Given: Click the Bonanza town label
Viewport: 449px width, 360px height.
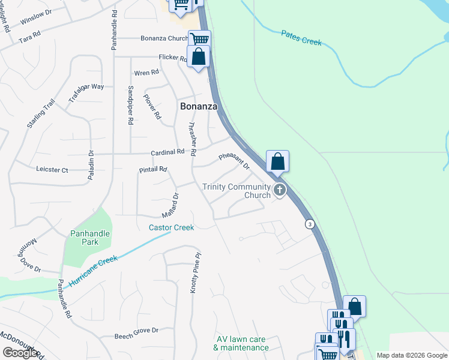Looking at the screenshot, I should click(198, 106).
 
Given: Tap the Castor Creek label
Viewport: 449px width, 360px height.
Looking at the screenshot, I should click(172, 227).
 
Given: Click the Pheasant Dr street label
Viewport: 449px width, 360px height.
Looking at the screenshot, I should click(234, 160).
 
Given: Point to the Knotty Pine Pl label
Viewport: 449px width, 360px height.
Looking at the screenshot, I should click(194, 273).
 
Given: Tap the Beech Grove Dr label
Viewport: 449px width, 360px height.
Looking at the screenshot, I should click(136, 330).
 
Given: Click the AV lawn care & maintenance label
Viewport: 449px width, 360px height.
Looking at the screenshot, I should click(241, 343).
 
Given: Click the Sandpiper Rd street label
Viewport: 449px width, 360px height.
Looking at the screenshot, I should click(130, 104).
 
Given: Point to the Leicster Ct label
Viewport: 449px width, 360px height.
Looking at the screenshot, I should click(52, 170).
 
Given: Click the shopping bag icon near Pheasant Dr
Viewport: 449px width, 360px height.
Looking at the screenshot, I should click(277, 161).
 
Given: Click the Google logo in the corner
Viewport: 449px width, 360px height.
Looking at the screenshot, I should click(20, 353).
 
